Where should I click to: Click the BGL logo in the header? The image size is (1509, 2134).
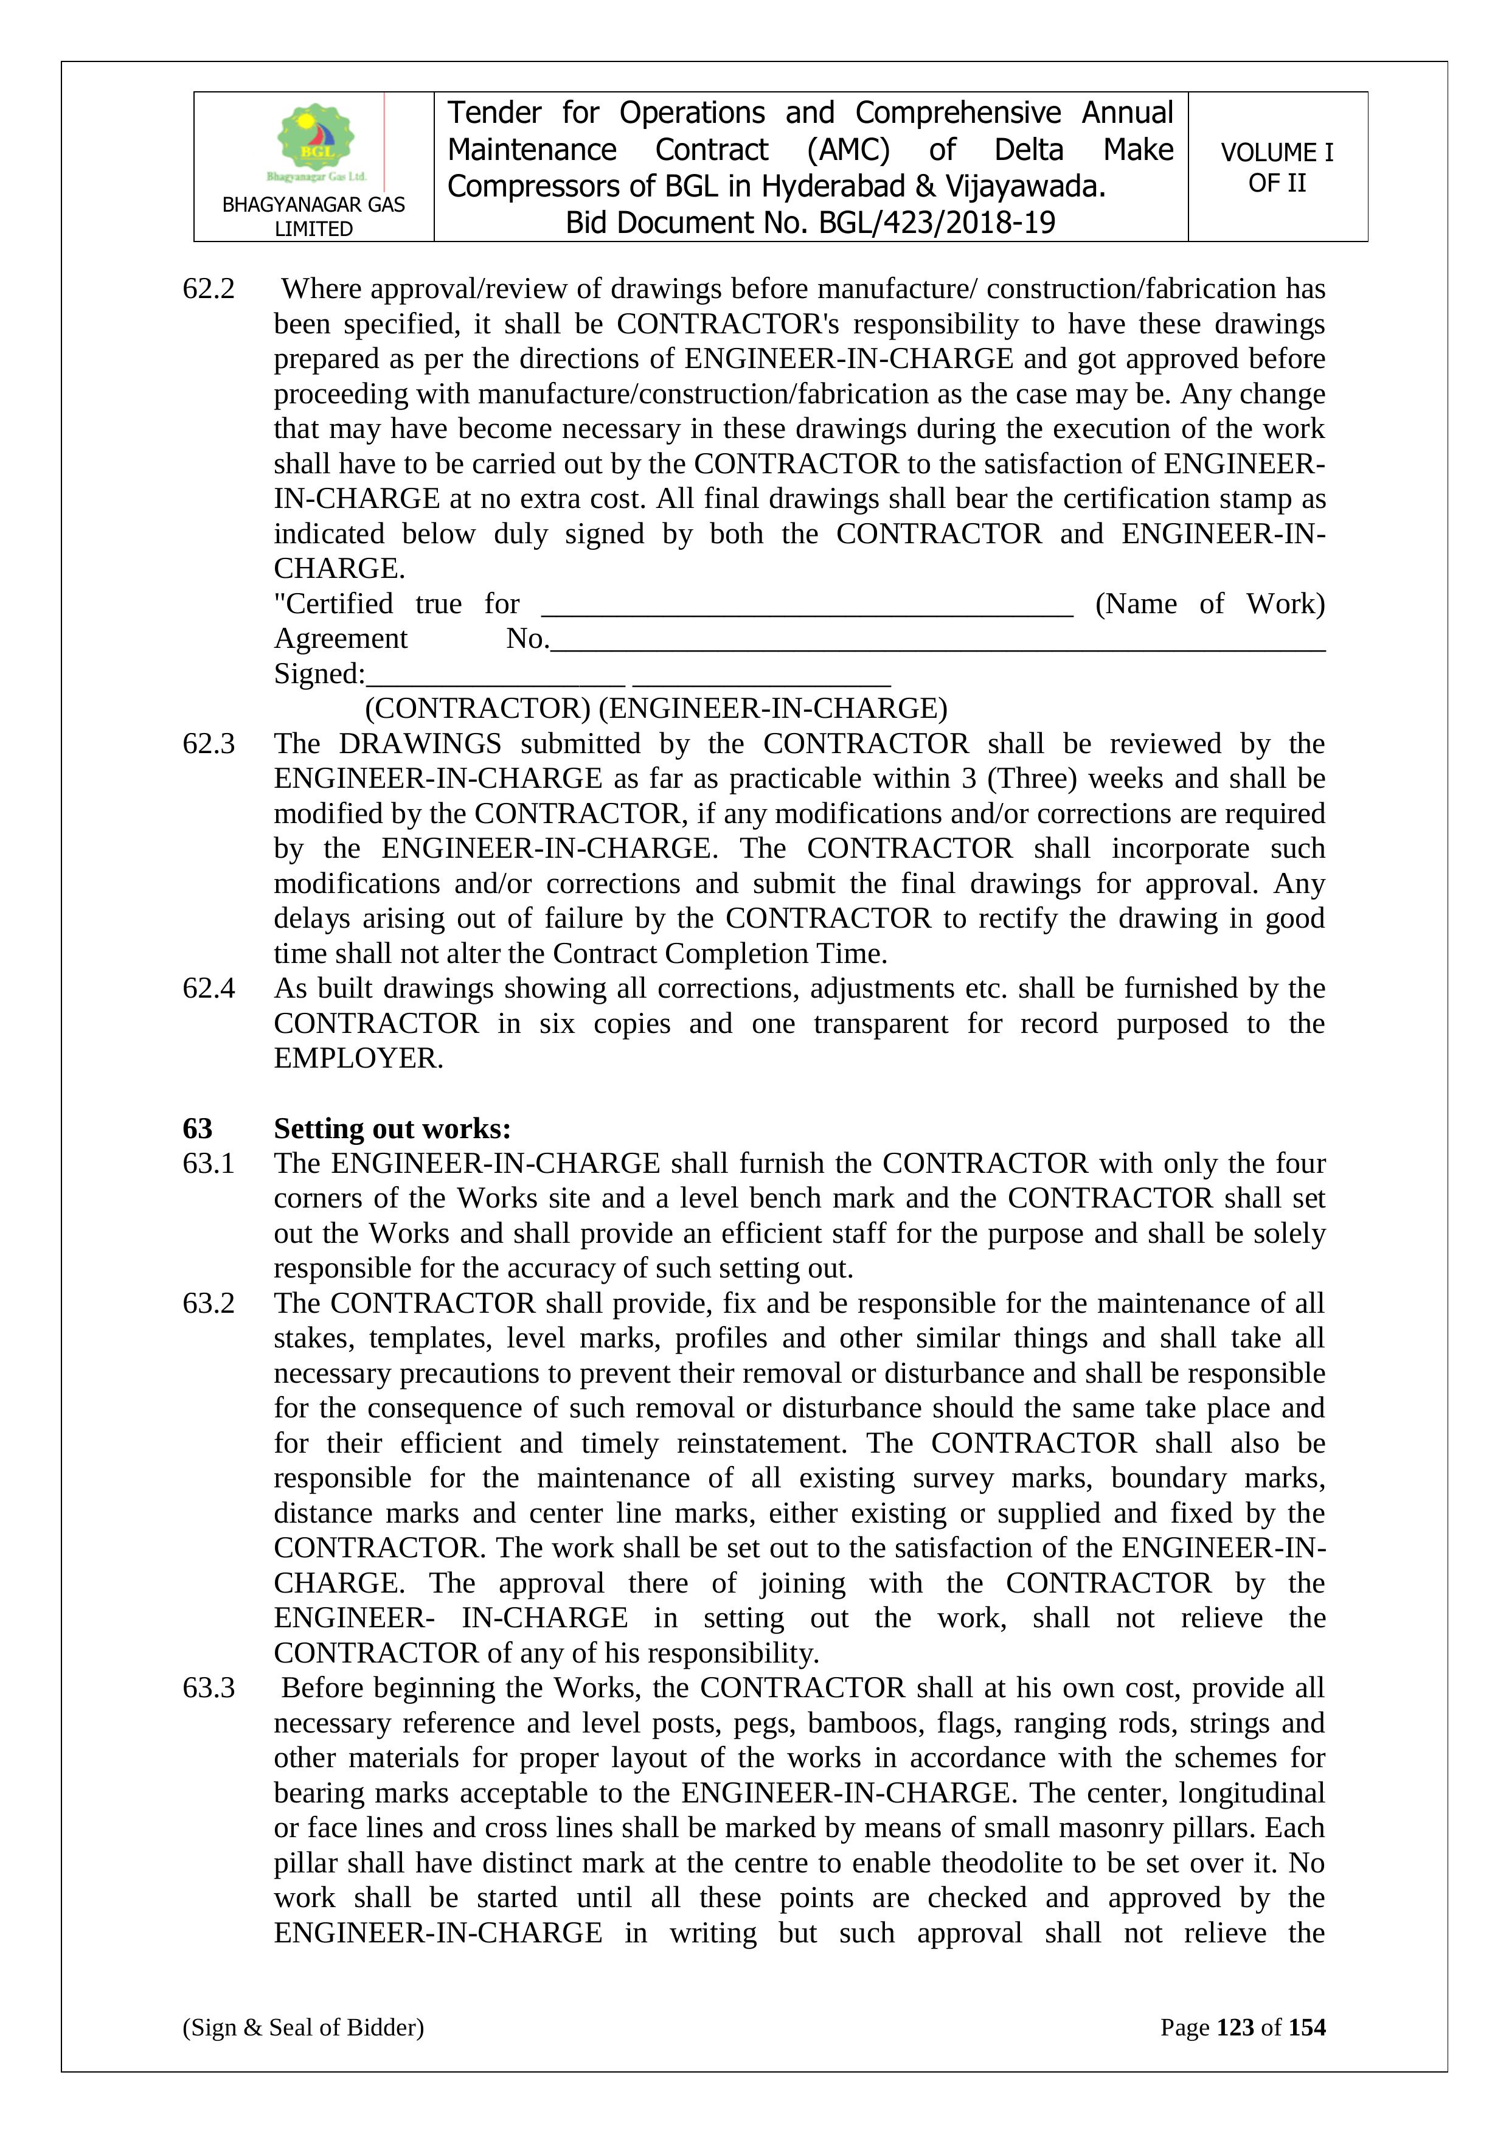(315, 141)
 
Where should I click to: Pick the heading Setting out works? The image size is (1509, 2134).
(392, 1128)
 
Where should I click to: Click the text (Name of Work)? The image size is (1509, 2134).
(1210, 604)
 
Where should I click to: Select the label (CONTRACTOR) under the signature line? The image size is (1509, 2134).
(477, 709)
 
